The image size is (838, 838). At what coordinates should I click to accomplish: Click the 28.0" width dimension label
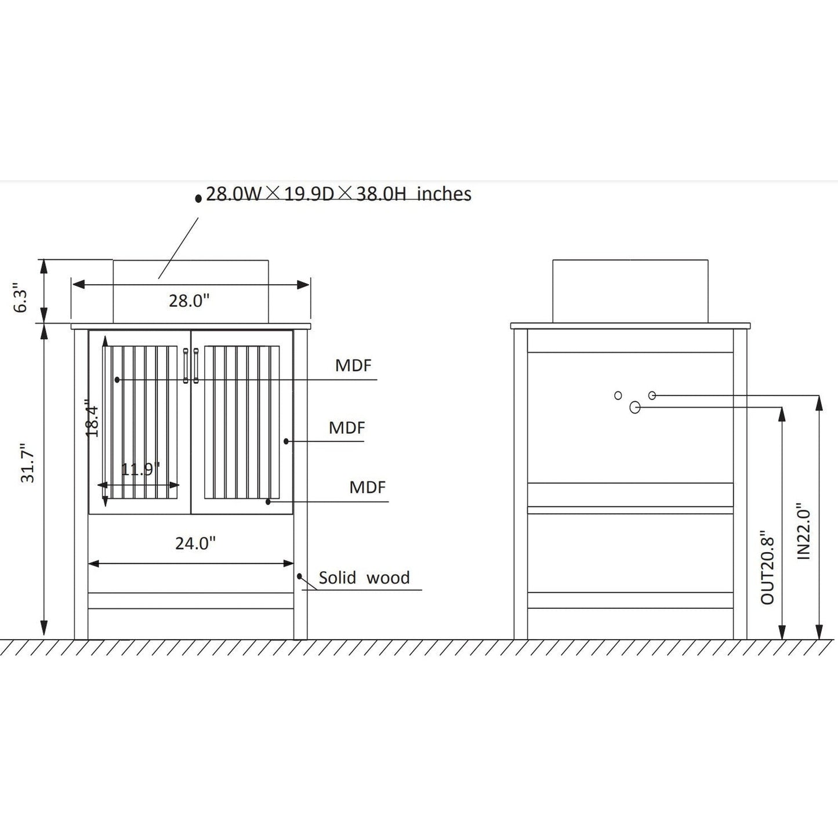[x=189, y=300]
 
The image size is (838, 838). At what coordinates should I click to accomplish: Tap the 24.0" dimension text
[x=195, y=543]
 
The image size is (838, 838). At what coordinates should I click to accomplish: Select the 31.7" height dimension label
[x=27, y=463]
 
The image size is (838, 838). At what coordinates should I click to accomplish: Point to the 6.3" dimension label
[x=20, y=298]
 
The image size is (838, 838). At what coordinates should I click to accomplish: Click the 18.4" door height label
[x=92, y=418]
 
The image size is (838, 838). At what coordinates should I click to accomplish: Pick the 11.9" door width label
[x=140, y=470]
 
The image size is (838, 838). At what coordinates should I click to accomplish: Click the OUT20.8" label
[x=768, y=567]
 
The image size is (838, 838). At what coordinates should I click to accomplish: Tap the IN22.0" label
[x=804, y=531]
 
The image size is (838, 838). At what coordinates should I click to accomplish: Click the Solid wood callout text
[x=364, y=578]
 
